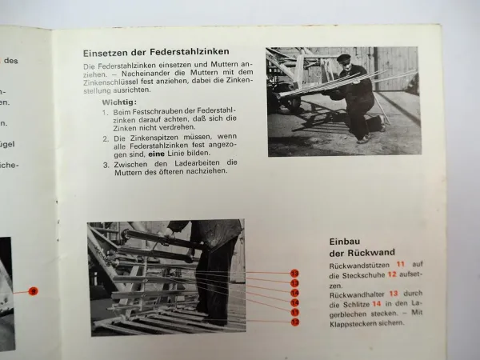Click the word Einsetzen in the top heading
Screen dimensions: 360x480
106,54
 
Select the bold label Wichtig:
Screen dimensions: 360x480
119,103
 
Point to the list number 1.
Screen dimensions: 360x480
105,114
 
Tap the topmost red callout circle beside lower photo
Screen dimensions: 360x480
294,273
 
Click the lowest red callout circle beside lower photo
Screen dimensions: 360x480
294,322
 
